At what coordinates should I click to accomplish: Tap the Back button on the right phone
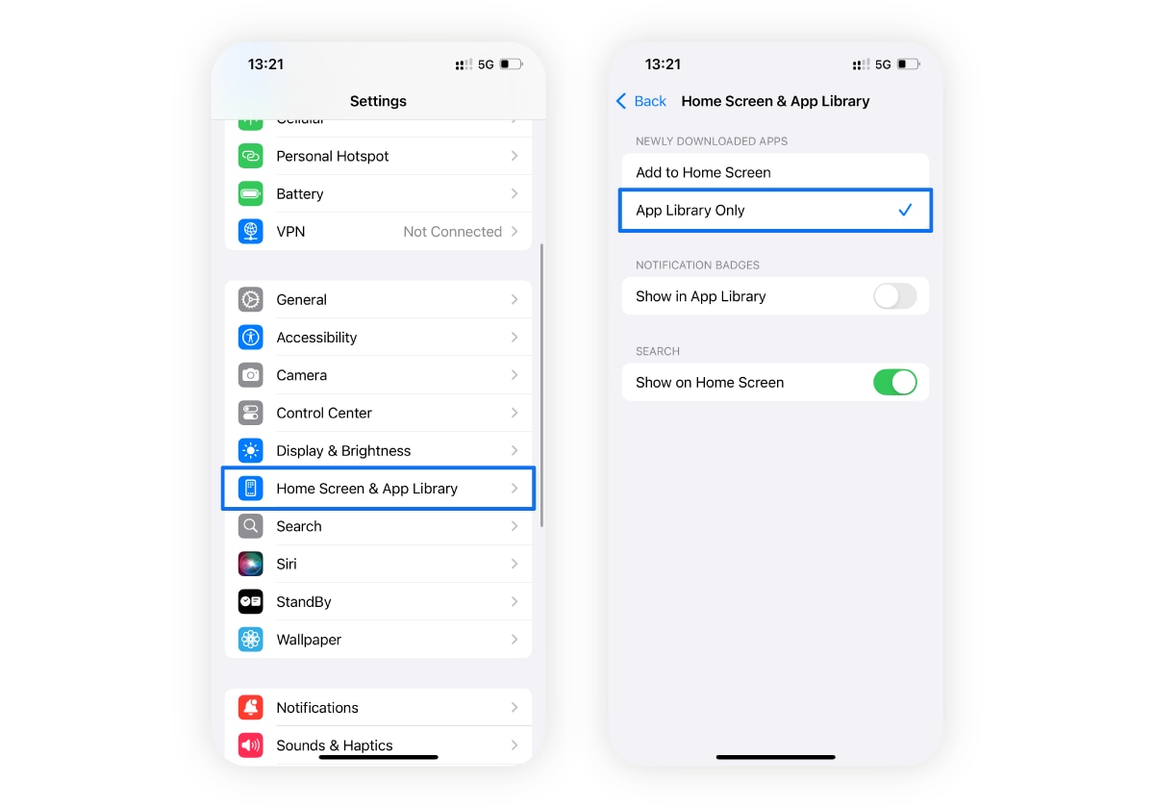[x=641, y=101]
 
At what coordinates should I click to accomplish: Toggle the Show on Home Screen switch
[x=894, y=382]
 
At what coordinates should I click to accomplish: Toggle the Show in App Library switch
[x=894, y=296]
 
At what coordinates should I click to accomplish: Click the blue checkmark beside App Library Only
[x=904, y=210]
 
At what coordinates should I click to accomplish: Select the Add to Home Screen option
[x=703, y=173]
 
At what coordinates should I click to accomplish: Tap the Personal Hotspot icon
[x=251, y=156]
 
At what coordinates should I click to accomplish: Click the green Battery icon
[x=251, y=193]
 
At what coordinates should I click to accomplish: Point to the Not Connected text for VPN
[x=452, y=232]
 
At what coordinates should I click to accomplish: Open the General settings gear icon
[x=251, y=299]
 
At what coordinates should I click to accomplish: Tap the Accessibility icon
[x=251, y=337]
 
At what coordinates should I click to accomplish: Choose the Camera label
[x=301, y=375]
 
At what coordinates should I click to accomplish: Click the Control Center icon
[x=251, y=413]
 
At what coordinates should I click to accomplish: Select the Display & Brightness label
[x=343, y=451]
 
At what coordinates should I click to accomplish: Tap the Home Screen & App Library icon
[x=251, y=489]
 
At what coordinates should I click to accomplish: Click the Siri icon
[x=251, y=564]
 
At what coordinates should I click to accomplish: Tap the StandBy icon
[x=251, y=601]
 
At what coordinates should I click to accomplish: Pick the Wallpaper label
[x=309, y=640]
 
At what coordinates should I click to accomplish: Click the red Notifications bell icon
[x=251, y=707]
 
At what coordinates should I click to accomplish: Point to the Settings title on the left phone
[x=378, y=101]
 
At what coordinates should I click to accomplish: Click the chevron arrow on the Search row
[x=514, y=526]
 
